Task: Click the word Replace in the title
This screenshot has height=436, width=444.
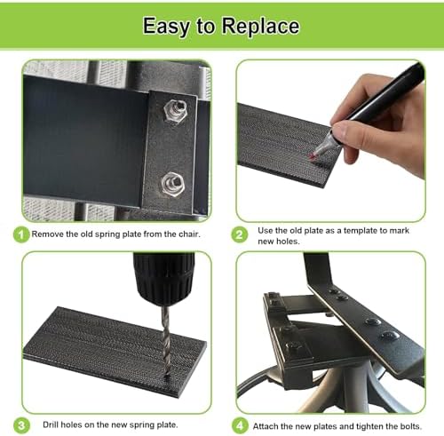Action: pyautogui.click(x=260, y=26)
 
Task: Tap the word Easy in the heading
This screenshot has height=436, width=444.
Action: pyautogui.click(x=165, y=27)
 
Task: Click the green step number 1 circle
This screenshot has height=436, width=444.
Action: pyautogui.click(x=21, y=235)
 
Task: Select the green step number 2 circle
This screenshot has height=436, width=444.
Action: pyautogui.click(x=239, y=235)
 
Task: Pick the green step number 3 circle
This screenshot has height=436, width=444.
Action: pyautogui.click(x=21, y=426)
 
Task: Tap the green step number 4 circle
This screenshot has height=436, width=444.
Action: pyautogui.click(x=240, y=426)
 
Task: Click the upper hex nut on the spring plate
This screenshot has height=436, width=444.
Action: pyautogui.click(x=175, y=110)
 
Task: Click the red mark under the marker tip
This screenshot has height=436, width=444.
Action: pyautogui.click(x=311, y=156)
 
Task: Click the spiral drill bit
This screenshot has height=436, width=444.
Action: pyautogui.click(x=166, y=339)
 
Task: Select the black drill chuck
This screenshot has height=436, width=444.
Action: pyautogui.click(x=163, y=278)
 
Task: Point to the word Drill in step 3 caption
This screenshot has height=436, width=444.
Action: pyautogui.click(x=51, y=424)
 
